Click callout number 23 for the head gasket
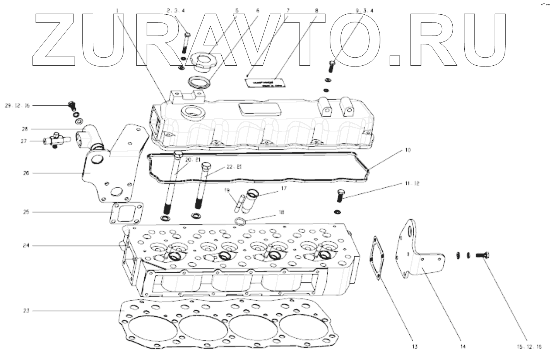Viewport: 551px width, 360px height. pos(25,311)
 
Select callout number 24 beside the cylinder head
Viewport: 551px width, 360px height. pos(25,245)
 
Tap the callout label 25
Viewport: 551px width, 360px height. pos(25,212)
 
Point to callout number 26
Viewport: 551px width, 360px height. pos(26,173)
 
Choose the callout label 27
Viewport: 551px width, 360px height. pos(24,141)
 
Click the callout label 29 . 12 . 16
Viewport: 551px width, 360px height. pos(17,105)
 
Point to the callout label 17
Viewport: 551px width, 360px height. pos(284,189)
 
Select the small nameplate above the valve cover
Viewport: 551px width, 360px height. pos(262,84)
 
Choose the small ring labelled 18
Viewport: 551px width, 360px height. pos(240,221)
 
